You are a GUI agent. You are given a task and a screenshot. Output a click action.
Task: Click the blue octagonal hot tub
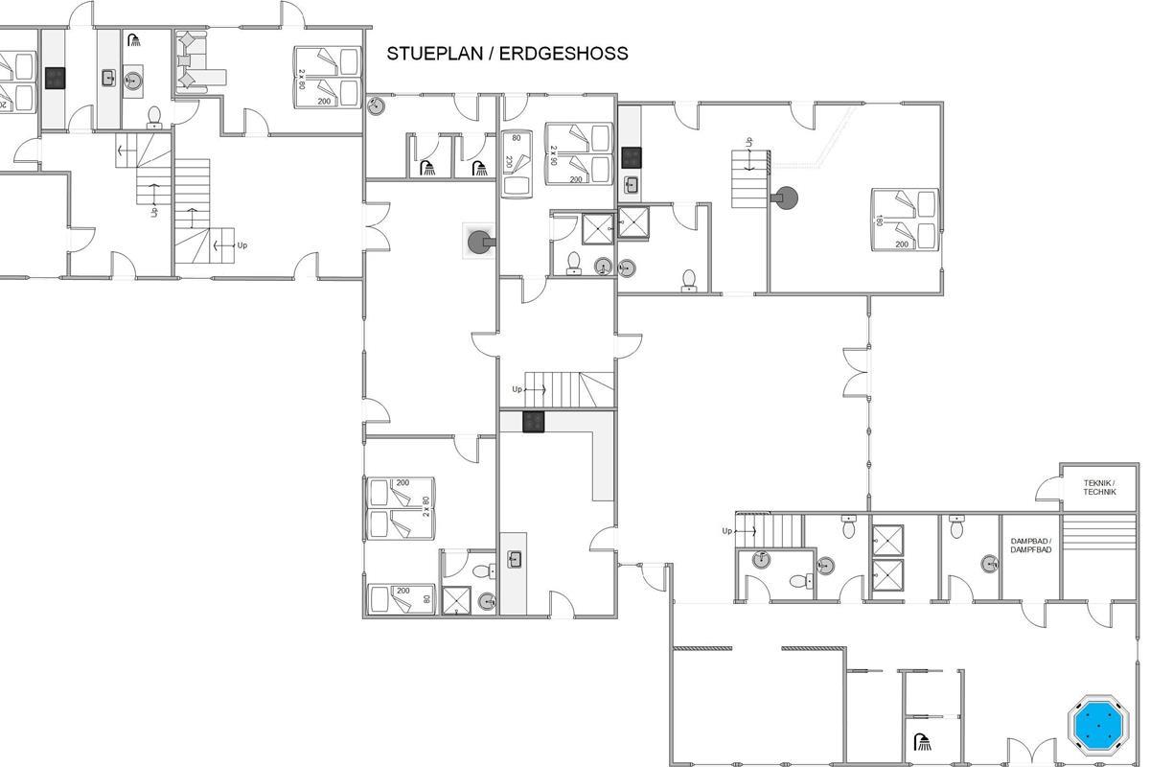click(1097, 725)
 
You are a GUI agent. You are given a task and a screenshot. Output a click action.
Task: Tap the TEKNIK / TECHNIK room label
click(1099, 487)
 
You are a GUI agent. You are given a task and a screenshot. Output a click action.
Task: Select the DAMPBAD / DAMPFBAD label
click(1031, 546)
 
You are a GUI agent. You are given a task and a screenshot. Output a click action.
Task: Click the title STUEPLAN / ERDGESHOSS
click(507, 54)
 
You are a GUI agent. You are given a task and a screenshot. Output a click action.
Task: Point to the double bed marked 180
click(905, 220)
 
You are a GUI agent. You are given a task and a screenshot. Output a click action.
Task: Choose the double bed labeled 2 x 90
click(579, 153)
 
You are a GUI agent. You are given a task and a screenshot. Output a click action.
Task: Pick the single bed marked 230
click(517, 164)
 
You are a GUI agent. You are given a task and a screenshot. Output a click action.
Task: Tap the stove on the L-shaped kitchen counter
click(534, 422)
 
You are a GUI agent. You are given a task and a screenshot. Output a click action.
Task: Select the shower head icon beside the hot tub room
click(923, 742)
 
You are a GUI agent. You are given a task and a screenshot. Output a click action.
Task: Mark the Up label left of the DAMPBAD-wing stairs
click(727, 531)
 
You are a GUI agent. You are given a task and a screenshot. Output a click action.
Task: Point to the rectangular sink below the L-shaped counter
click(514, 559)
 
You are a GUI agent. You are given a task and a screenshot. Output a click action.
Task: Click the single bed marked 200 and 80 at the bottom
click(401, 598)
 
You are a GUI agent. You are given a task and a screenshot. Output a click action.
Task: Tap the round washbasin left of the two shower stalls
click(825, 566)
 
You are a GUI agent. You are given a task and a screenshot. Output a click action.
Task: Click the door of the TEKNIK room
click(1048, 488)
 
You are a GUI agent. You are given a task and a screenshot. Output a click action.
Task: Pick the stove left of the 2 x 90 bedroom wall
click(632, 158)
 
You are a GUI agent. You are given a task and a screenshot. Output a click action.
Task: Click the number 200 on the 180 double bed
click(902, 244)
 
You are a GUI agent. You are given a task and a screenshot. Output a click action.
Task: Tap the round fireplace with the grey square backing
click(480, 242)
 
